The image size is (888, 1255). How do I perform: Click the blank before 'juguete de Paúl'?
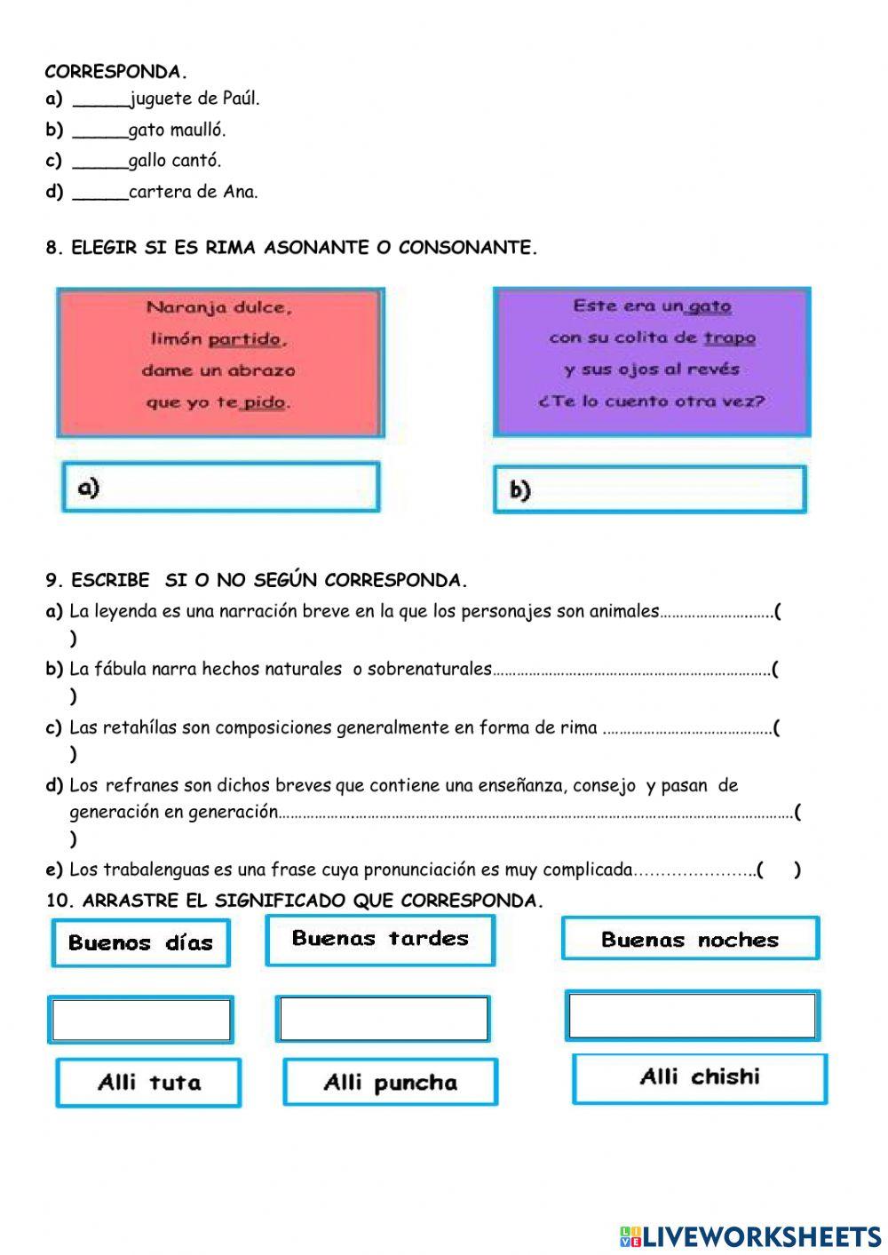pyautogui.click(x=100, y=100)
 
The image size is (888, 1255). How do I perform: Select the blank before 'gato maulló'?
pyautogui.click(x=100, y=131)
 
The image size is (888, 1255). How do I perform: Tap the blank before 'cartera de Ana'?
pyautogui.click(x=100, y=193)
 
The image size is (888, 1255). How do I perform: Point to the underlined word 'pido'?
pyautogui.click(x=264, y=402)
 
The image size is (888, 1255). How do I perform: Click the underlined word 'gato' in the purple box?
pyautogui.click(x=709, y=306)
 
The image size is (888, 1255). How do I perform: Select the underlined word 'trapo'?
pyautogui.click(x=729, y=338)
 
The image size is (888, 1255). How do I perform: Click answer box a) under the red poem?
pyautogui.click(x=221, y=487)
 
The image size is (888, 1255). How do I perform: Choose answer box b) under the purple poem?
pyautogui.click(x=650, y=489)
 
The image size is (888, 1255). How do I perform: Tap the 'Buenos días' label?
pyautogui.click(x=140, y=942)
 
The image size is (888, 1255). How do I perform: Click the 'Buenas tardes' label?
pyautogui.click(x=380, y=940)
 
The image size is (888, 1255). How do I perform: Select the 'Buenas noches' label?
pyautogui.click(x=690, y=940)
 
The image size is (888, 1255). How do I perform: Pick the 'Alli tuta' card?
pyautogui.click(x=148, y=1083)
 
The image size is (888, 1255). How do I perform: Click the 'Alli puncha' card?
pyautogui.click(x=390, y=1083)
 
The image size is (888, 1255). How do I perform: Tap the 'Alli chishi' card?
pyautogui.click(x=700, y=1078)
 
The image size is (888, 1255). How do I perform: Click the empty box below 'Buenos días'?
pyautogui.click(x=140, y=1020)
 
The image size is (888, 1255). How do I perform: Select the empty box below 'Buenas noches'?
pyautogui.click(x=692, y=1016)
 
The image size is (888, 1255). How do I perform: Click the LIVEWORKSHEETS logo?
pyautogui.click(x=750, y=1235)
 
